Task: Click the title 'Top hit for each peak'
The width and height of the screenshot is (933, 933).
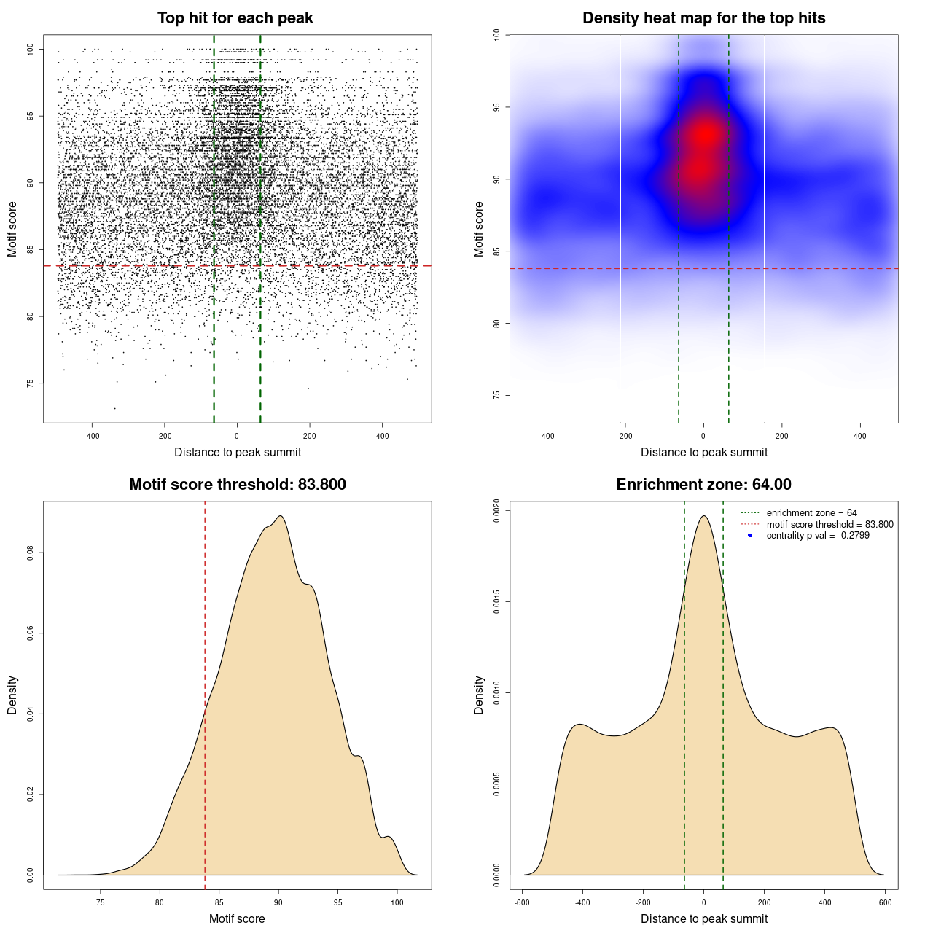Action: pyautogui.click(x=235, y=18)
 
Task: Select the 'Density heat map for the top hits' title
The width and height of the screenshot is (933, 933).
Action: pyautogui.click(x=703, y=18)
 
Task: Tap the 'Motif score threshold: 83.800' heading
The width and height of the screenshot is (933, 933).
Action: pyautogui.click(x=237, y=485)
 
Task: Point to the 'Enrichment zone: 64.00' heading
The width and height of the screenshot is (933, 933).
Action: pyautogui.click(x=703, y=485)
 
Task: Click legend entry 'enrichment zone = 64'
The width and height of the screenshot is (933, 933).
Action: pyautogui.click(x=811, y=513)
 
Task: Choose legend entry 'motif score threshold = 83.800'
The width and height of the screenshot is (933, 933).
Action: pyautogui.click(x=829, y=524)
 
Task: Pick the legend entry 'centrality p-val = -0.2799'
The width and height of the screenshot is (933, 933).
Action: pyautogui.click(x=818, y=536)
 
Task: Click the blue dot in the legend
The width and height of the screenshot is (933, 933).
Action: pyautogui.click(x=750, y=536)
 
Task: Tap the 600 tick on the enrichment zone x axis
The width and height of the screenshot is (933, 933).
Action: pyautogui.click(x=885, y=902)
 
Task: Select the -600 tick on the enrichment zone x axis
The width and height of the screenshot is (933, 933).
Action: pyautogui.click(x=522, y=902)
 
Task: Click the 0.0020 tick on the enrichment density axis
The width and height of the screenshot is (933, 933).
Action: pyautogui.click(x=496, y=511)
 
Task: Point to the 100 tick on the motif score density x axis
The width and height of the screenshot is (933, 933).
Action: pyautogui.click(x=397, y=902)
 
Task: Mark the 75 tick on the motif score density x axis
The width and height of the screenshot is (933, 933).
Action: pyautogui.click(x=101, y=902)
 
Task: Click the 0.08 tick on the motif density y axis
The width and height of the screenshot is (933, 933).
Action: pyautogui.click(x=30, y=553)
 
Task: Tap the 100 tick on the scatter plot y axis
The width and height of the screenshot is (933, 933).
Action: pyautogui.click(x=30, y=50)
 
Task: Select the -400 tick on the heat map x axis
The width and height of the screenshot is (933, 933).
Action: pyautogui.click(x=547, y=436)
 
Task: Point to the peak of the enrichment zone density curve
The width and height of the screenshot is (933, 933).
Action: pyautogui.click(x=703, y=516)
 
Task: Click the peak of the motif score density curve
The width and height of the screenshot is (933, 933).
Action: pyautogui.click(x=280, y=516)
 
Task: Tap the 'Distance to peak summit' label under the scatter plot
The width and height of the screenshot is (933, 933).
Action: pyautogui.click(x=238, y=453)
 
